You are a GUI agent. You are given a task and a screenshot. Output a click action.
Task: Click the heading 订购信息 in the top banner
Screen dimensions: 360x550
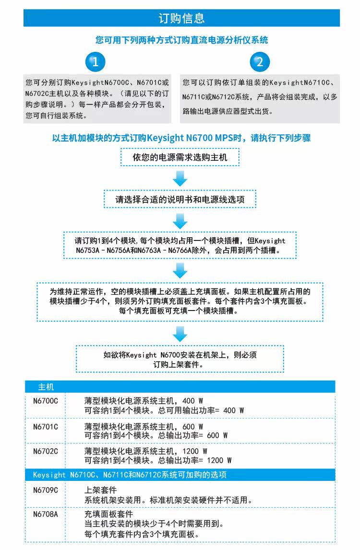(x=181, y=18)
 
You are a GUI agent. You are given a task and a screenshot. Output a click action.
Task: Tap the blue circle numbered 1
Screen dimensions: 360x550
(x=95, y=62)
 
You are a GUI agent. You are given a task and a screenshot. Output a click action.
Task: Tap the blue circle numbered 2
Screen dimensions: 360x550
(x=260, y=62)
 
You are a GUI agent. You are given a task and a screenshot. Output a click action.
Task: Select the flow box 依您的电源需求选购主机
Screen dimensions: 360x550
(x=180, y=157)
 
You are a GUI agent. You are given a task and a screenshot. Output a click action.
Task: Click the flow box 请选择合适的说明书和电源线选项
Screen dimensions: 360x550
(x=180, y=199)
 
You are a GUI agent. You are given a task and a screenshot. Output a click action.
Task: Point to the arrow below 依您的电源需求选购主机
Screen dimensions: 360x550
(x=180, y=179)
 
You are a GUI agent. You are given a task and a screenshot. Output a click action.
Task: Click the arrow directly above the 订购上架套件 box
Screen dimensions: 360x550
(x=180, y=334)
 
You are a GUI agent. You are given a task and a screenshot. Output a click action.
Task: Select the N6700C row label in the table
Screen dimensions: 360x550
(x=46, y=401)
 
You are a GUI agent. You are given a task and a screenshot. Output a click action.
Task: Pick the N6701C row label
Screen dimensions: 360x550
(x=46, y=427)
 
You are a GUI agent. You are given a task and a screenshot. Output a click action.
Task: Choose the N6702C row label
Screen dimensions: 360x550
(x=46, y=452)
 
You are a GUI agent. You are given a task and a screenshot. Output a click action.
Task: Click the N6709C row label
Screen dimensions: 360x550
(x=46, y=490)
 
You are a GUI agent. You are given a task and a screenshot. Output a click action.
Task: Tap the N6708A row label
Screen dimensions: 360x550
(x=46, y=514)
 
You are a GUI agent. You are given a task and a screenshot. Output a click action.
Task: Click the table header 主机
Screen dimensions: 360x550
(x=46, y=387)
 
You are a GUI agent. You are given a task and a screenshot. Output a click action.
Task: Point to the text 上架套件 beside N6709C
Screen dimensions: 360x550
(x=100, y=490)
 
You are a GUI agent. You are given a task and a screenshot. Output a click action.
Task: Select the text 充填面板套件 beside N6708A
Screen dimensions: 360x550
(x=108, y=514)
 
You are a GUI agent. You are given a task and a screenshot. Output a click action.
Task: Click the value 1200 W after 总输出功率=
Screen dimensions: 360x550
(x=219, y=461)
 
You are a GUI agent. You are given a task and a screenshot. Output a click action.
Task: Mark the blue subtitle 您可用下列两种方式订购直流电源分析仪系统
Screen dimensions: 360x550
(x=182, y=40)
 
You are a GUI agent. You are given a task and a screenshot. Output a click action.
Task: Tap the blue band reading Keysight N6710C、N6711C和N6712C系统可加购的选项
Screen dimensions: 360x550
(x=180, y=475)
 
